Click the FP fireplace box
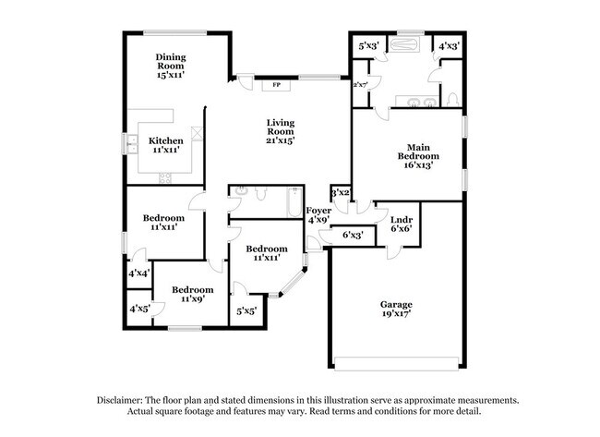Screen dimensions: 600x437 (276, 85)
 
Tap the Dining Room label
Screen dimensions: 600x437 (171, 66)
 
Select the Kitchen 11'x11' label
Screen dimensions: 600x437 (165, 145)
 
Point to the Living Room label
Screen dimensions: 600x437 (281, 131)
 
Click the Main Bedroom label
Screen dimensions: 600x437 (418, 156)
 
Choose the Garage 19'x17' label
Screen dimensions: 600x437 (396, 309)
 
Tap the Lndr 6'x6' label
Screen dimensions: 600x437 (402, 225)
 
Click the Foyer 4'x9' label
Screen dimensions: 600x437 (318, 215)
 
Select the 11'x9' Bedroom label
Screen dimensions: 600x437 (193, 294)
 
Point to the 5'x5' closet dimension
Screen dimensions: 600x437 (246, 311)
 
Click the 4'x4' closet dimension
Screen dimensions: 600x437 (138, 273)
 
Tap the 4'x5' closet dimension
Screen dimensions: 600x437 (139, 309)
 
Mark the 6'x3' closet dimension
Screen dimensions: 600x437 (353, 235)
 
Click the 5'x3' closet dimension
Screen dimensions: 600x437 (369, 46)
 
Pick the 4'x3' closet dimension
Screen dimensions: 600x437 (449, 46)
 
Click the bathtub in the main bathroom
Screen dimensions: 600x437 (403, 44)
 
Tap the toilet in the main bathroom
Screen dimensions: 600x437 (452, 100)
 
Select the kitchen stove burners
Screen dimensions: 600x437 (165, 177)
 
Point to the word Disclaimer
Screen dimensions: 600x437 (120, 400)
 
